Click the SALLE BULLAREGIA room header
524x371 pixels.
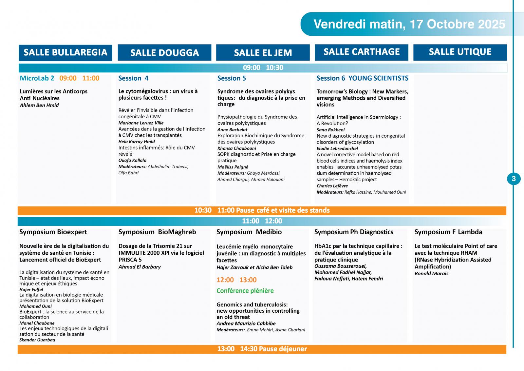click(x=65, y=53)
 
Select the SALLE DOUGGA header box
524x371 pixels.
click(x=164, y=53)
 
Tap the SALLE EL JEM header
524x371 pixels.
click(x=263, y=53)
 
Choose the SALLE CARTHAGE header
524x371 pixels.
click(x=362, y=52)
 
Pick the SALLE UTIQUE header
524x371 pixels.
click(x=460, y=52)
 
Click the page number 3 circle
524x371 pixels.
click(x=514, y=179)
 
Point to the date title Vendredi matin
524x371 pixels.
click(x=409, y=24)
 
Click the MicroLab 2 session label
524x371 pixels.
click(x=37, y=78)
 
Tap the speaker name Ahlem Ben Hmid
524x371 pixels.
click(x=39, y=105)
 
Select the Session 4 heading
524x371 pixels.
click(x=133, y=78)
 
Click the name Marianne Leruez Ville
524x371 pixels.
click(x=141, y=123)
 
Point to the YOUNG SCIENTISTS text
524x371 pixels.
click(x=378, y=78)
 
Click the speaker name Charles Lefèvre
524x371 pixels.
click(x=332, y=186)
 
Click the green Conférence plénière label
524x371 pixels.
click(x=245, y=291)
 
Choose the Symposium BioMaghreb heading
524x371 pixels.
click(x=157, y=232)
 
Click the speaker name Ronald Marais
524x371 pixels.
click(x=431, y=273)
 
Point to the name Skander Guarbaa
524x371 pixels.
click(x=37, y=340)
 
